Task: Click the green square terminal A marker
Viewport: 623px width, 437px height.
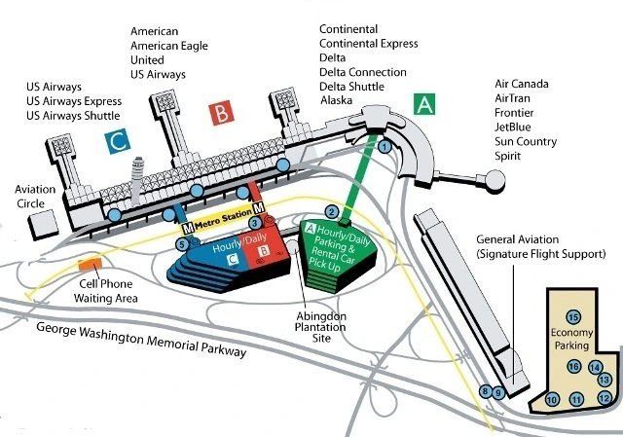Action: coord(423,104)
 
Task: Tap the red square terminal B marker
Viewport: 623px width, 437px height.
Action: coord(223,113)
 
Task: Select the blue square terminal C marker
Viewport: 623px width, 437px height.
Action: coord(117,141)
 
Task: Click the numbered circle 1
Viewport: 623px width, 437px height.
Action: coord(385,147)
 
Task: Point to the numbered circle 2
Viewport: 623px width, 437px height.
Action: coord(331,212)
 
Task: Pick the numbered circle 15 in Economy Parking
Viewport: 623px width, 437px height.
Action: coord(573,317)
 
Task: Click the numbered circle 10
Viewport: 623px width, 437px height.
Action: coord(552,399)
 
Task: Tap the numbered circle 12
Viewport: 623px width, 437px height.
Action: coord(604,397)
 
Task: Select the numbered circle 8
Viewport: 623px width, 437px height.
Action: coord(486,391)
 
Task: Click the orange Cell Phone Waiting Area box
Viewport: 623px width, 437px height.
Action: coord(90,263)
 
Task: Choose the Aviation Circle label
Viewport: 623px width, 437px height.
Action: coord(34,197)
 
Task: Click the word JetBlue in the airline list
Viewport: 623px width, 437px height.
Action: coord(518,127)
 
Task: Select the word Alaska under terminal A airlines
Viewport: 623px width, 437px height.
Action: coord(339,99)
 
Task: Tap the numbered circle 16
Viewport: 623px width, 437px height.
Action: coord(574,367)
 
